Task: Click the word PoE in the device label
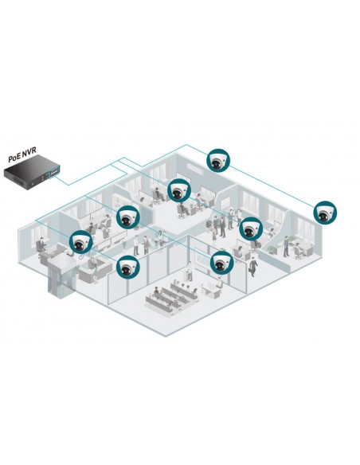[14, 158]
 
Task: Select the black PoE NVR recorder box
[32, 174]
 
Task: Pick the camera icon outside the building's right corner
[325, 213]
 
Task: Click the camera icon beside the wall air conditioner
[218, 160]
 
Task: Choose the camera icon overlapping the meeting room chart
[222, 262]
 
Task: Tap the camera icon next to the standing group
[252, 229]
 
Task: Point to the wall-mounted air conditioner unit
[195, 169]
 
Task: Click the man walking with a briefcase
[253, 267]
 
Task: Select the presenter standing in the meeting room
[189, 271]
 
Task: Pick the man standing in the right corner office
[286, 246]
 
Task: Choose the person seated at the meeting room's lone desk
[219, 283]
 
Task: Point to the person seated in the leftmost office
[41, 245]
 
